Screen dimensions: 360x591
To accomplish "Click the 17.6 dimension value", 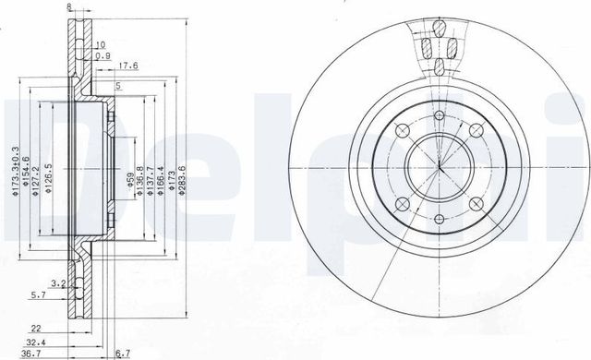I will pyautogui.click(x=128, y=65).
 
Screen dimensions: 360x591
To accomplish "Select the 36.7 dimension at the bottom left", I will pyautogui.click(x=32, y=354).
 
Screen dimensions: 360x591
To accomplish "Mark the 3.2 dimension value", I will pyautogui.click(x=57, y=283).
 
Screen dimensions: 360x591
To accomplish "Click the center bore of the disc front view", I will pyautogui.click(x=440, y=168).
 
